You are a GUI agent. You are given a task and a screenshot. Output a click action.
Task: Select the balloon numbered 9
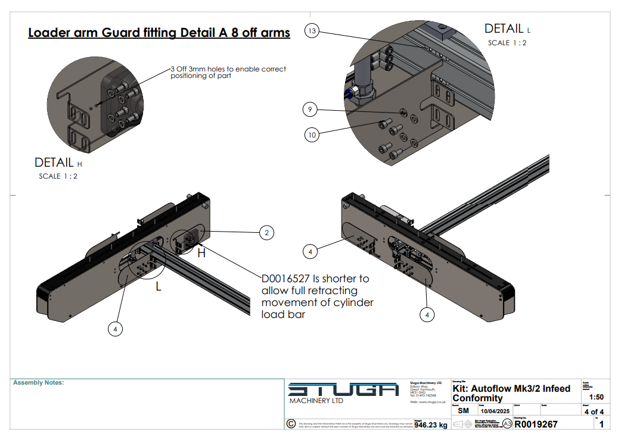(310, 110)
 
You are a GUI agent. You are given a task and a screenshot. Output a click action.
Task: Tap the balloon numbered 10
(312, 135)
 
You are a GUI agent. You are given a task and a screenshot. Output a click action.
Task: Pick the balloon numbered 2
(266, 233)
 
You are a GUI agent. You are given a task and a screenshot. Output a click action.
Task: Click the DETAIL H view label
(54, 163)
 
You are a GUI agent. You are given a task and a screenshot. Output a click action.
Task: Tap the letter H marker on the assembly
(201, 253)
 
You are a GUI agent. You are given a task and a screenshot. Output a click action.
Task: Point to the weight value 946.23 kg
(430, 425)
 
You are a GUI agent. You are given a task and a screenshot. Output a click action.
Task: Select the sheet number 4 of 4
(594, 411)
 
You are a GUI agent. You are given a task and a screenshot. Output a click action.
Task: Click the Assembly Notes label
(38, 383)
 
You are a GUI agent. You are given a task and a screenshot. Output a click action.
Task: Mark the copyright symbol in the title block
(291, 423)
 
